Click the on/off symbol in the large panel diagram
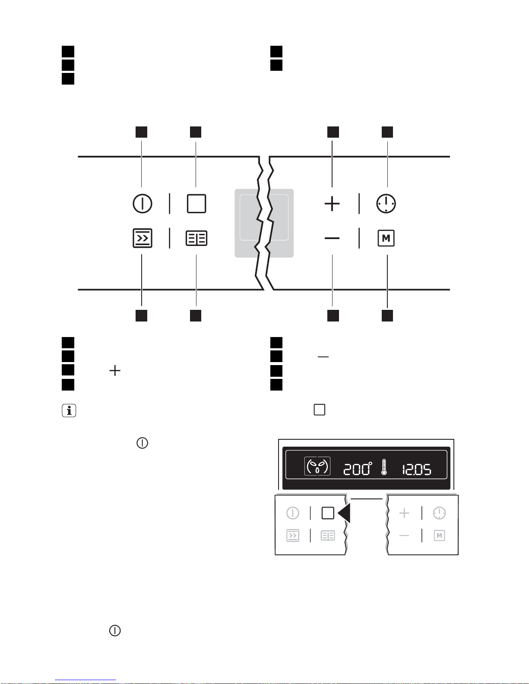coord(142,203)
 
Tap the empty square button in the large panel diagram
coord(196,203)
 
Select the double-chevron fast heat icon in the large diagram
coord(142,238)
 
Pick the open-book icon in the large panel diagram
coord(196,238)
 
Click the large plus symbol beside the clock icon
coord(332,203)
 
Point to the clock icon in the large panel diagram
coord(386,203)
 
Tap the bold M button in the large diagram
coord(386,238)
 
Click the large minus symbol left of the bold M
coord(332,238)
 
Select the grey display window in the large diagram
coord(264,223)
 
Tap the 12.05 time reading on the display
coord(417,469)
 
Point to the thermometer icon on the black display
coord(384,467)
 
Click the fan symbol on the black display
coord(317,466)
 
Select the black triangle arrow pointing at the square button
coord(345,513)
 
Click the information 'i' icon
coord(69,410)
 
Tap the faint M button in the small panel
coord(439,536)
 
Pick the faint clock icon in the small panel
coord(439,513)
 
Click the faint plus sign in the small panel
coord(404,513)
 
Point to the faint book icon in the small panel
coord(328,536)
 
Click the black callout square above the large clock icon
coord(387,132)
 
